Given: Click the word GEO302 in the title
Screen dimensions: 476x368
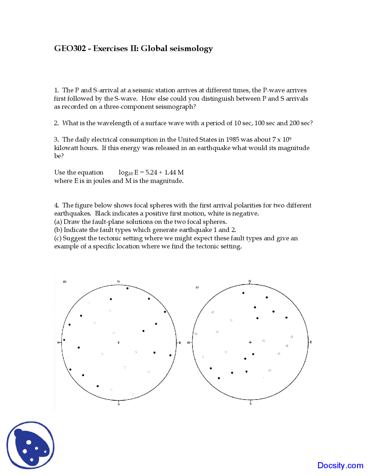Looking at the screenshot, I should [x=70, y=48].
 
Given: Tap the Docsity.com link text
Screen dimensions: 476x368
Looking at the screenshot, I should [x=340, y=465].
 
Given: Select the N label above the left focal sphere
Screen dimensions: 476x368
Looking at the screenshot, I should [x=118, y=281].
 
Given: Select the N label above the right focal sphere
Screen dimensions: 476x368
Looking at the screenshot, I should [x=250, y=281].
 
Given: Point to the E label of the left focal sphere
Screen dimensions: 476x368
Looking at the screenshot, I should [x=180, y=343].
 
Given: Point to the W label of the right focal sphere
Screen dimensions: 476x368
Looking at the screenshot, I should [x=189, y=343].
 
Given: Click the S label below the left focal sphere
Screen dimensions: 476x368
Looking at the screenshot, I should [x=118, y=404].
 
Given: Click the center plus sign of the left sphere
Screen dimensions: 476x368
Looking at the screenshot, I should [x=118, y=342].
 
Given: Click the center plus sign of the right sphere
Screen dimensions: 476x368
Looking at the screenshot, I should [x=250, y=342].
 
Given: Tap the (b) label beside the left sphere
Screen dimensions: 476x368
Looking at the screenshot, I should [x=65, y=282].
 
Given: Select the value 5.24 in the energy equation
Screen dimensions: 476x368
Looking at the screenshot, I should [x=151, y=172].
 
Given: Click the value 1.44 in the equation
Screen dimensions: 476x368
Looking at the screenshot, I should [x=170, y=172].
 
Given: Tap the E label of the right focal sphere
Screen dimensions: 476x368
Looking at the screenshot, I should [x=311, y=342].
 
